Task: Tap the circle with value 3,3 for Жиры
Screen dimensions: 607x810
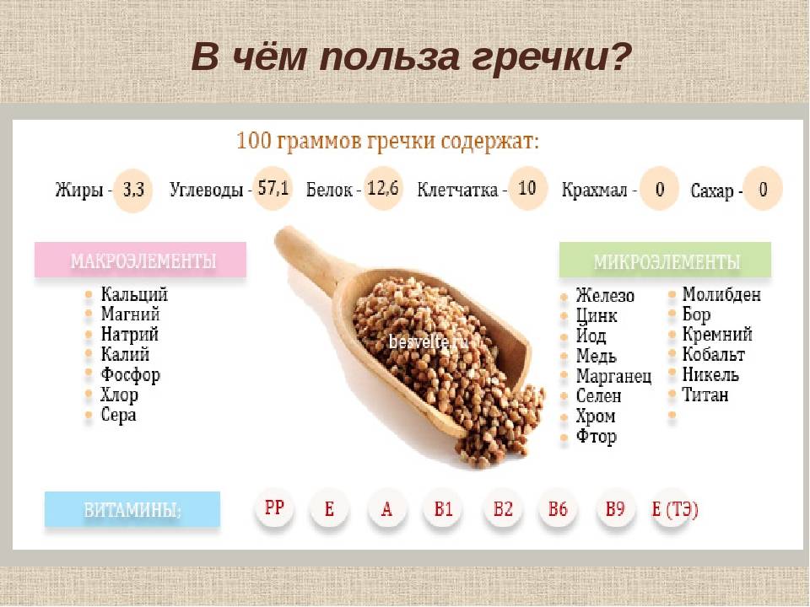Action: point(132,191)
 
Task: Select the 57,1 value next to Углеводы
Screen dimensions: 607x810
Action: point(273,189)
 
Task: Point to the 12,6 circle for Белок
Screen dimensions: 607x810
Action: point(383,188)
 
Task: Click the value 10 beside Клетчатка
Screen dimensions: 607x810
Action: point(527,188)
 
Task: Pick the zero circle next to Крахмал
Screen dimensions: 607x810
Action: point(659,190)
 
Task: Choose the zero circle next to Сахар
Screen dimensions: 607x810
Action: point(763,190)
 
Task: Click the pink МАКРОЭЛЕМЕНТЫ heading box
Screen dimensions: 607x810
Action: point(141,261)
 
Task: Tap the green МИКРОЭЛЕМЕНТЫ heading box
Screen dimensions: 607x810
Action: point(666,261)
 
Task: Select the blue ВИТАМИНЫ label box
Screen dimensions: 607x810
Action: point(132,510)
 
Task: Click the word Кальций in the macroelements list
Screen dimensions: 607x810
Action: point(134,294)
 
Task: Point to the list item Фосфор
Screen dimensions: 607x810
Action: point(130,374)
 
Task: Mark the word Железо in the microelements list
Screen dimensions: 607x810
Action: point(605,296)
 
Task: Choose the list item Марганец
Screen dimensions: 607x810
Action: point(613,376)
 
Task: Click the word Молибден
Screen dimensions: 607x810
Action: point(721,294)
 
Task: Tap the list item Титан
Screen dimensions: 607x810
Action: point(705,395)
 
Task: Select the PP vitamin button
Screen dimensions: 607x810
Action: point(275,508)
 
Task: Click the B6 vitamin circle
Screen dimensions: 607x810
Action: point(558,509)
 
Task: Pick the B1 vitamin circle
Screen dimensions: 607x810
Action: point(444,509)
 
